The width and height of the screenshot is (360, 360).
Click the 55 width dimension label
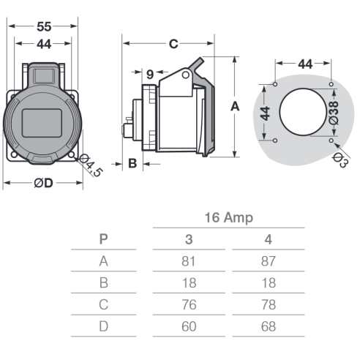coord(44,26)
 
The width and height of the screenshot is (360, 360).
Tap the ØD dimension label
coord(43,183)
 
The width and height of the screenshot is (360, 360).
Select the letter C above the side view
coord(173,44)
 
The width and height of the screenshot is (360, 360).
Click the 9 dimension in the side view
coord(150,75)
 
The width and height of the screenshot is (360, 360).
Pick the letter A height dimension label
coord(235,107)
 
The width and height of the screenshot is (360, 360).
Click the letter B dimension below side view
coord(132,163)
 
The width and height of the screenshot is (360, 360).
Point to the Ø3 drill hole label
coord(340,160)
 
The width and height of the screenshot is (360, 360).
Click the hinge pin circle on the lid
coord(186,75)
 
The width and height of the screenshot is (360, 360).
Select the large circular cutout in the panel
coord(303,112)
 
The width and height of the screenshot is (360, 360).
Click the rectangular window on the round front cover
coord(42,123)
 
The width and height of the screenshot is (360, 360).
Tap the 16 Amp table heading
coord(229,217)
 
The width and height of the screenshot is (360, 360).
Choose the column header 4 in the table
coord(269,239)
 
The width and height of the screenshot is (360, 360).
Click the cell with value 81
coord(189,261)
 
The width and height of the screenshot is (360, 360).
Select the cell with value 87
coord(269,261)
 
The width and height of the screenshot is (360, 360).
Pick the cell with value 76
coord(189,304)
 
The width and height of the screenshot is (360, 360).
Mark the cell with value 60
coord(189,326)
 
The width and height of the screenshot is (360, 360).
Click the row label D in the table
coord(103,326)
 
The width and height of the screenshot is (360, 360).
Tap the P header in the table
coord(103,239)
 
